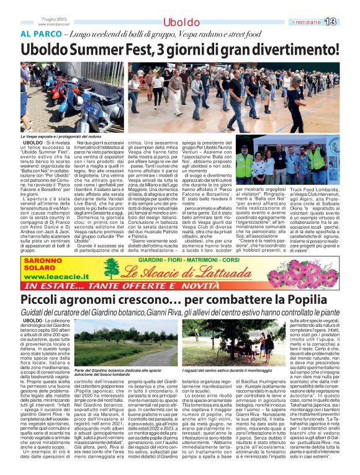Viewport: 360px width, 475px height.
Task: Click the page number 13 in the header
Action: pyautogui.click(x=346, y=22)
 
